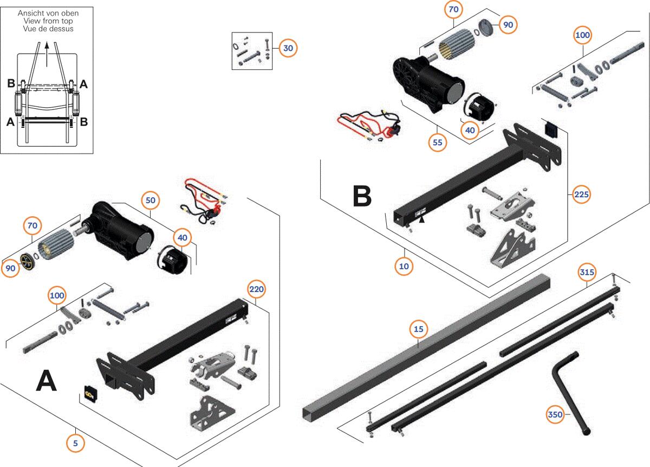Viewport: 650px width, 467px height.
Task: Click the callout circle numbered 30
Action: (288, 48)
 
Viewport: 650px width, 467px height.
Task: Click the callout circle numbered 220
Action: (256, 289)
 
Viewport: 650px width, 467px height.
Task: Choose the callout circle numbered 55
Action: (437, 142)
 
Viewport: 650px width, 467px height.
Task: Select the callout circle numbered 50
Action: (151, 200)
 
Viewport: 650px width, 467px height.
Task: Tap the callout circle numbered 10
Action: (404, 266)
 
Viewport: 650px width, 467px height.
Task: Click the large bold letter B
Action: (362, 197)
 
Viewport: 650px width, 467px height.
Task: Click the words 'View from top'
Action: (48, 21)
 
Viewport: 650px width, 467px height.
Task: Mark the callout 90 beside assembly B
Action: (508, 25)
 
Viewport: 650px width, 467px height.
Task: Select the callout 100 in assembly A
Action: (57, 296)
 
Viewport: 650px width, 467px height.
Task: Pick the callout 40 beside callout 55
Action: (470, 130)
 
